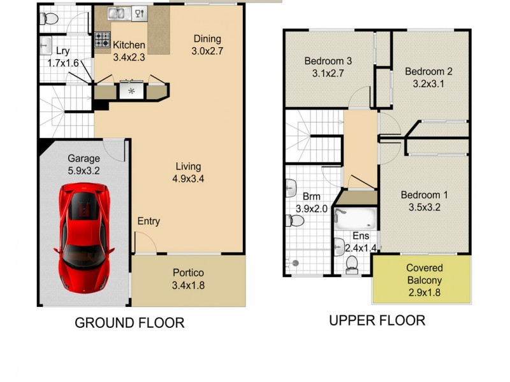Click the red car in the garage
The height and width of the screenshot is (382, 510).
(x=84, y=237)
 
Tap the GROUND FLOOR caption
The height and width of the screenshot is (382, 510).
(x=129, y=323)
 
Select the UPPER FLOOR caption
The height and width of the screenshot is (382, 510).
(x=377, y=320)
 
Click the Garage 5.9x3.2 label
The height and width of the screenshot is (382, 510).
(x=84, y=164)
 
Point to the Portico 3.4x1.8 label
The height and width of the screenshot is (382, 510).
(x=188, y=279)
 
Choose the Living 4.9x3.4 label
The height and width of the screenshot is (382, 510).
(x=188, y=173)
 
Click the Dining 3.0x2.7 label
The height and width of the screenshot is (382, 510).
(x=207, y=45)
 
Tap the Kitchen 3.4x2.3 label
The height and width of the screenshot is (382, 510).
(x=129, y=51)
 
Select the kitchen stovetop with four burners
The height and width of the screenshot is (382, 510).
(x=103, y=39)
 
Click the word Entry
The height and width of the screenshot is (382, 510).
(x=149, y=222)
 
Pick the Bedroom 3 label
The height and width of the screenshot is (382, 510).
(x=328, y=67)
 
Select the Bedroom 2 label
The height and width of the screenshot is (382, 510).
(x=428, y=77)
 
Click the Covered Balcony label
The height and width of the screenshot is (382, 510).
(x=424, y=280)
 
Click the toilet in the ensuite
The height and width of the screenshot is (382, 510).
(x=351, y=264)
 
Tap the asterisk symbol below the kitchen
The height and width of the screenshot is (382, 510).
(x=132, y=91)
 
